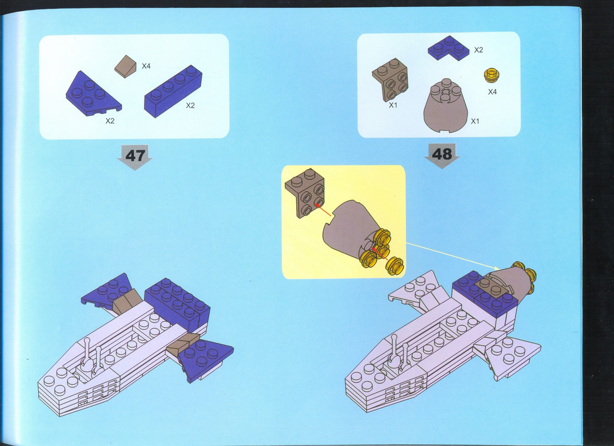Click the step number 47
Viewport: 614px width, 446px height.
click(135, 156)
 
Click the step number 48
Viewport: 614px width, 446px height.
click(442, 154)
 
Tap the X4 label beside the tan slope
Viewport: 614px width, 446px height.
click(146, 66)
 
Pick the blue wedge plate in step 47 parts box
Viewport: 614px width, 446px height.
click(93, 95)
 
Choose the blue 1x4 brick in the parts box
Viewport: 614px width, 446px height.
click(173, 91)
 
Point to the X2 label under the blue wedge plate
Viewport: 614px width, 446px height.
click(110, 121)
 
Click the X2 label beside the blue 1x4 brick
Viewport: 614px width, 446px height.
click(190, 105)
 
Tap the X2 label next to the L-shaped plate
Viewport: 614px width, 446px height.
click(478, 50)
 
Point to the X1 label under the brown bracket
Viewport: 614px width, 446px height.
click(393, 105)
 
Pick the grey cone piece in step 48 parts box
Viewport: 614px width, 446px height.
click(446, 106)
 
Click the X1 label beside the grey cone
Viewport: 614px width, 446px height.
click(475, 121)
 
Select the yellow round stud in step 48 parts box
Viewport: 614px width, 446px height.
click(492, 75)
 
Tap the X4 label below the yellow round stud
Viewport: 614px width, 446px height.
click(492, 92)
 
